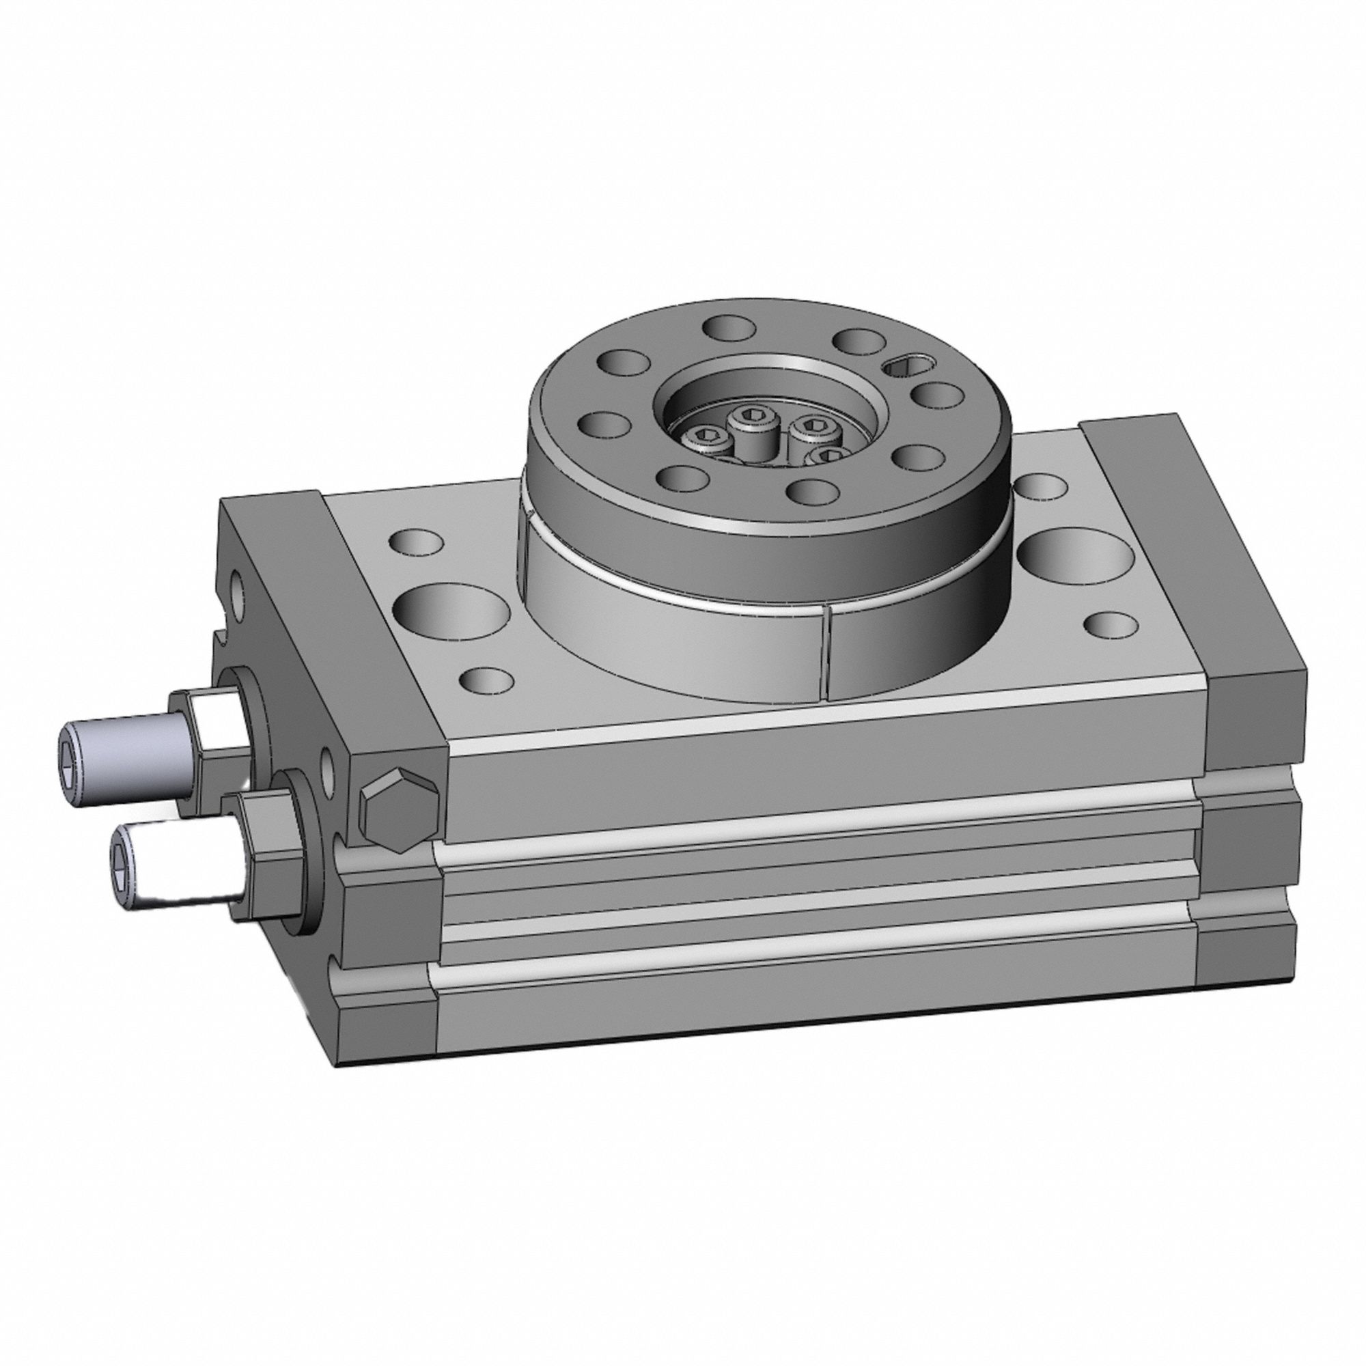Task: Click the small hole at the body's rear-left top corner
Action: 417,541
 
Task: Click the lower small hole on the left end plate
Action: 328,764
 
